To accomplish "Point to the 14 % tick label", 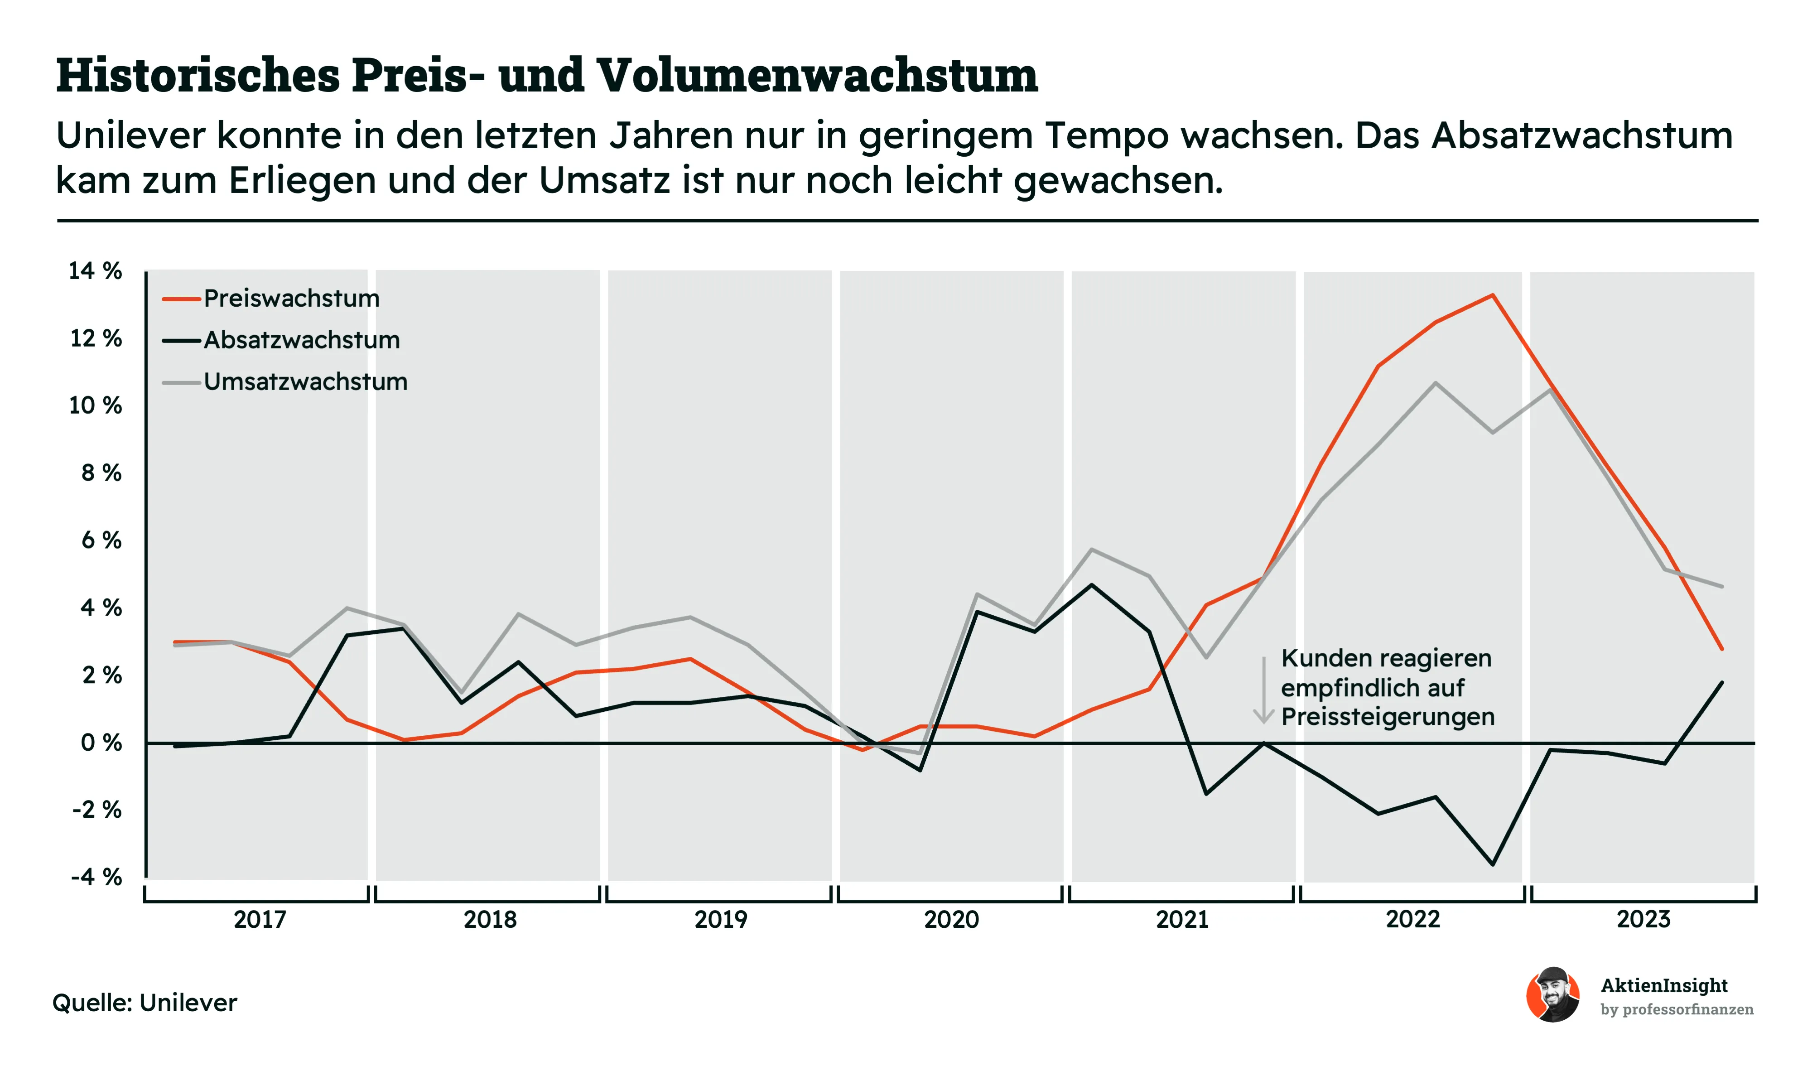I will pyautogui.click(x=95, y=271).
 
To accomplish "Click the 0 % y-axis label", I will pyautogui.click(x=101, y=743).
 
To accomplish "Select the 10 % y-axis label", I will pyautogui.click(x=95, y=405).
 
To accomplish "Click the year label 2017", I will pyautogui.click(x=260, y=919).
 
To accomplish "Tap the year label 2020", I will pyautogui.click(x=951, y=919).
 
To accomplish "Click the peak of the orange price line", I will pyautogui.click(x=1493, y=295).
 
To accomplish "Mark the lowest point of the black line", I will pyautogui.click(x=1493, y=864).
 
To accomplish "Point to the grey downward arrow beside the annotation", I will pyautogui.click(x=1263, y=690).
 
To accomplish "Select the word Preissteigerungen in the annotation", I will pyautogui.click(x=1388, y=717).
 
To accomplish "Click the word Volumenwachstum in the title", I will pyautogui.click(x=818, y=75).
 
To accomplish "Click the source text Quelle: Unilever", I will pyautogui.click(x=145, y=1003).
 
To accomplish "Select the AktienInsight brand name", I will pyautogui.click(x=1664, y=985).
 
